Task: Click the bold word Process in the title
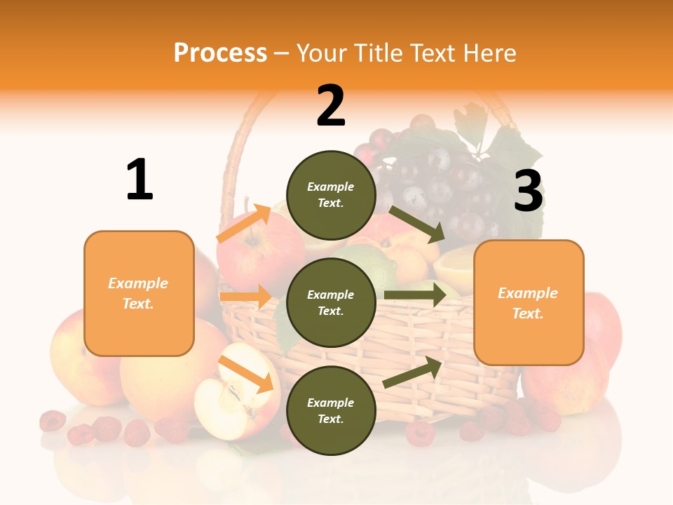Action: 220,53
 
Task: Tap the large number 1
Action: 140,180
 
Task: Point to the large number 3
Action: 528,191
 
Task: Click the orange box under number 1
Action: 139,293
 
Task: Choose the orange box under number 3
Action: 529,302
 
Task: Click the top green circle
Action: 331,195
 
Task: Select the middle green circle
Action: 331,302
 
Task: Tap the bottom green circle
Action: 331,410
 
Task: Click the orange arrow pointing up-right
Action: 244,224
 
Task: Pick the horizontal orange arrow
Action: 245,297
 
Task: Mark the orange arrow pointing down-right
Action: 245,374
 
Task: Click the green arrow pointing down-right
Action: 416,224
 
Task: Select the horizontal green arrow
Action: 415,295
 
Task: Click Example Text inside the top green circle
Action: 331,195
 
